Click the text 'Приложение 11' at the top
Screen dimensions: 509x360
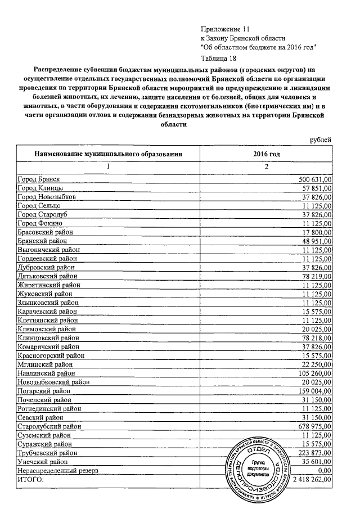[224, 29]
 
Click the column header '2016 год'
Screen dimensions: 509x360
[267, 153]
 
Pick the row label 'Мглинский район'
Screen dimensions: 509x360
[46, 364]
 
